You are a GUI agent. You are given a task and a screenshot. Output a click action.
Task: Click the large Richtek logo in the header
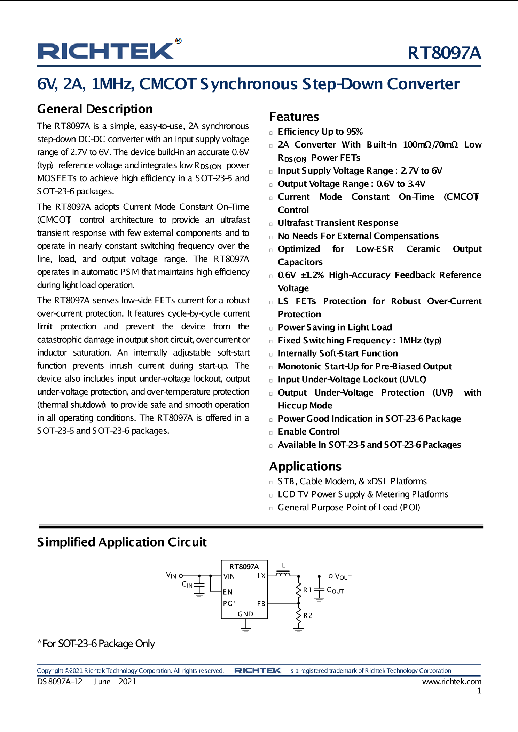(106, 51)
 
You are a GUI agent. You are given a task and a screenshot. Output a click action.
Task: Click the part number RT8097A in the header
(444, 53)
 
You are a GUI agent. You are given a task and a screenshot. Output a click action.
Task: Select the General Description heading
(95, 109)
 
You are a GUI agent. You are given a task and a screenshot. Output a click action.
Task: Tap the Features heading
(294, 117)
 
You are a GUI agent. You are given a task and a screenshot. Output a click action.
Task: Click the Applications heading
(305, 466)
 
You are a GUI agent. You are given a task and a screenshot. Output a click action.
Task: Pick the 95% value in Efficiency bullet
(354, 132)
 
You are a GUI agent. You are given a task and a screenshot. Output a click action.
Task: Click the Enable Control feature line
(308, 432)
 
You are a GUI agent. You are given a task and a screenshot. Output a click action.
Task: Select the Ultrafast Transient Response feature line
(338, 223)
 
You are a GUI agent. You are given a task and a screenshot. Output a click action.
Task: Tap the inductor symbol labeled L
(283, 574)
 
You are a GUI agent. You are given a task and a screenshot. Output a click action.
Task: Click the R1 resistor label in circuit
(307, 590)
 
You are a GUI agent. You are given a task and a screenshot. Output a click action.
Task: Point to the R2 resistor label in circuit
(308, 615)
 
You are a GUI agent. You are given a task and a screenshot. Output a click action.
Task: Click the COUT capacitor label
(335, 590)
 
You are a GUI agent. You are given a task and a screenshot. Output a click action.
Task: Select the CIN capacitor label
(187, 584)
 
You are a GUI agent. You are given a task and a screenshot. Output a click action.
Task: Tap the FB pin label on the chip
(261, 604)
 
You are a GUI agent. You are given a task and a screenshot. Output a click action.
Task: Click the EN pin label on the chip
(228, 592)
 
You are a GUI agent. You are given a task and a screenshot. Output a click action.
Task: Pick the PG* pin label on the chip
(229, 603)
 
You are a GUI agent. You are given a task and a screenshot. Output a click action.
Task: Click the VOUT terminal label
(343, 577)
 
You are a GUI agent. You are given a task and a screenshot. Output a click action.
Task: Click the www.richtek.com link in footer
(452, 682)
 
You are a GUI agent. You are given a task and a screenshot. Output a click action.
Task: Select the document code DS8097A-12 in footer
(60, 682)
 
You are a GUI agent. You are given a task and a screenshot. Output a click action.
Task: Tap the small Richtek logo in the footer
(258, 670)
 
